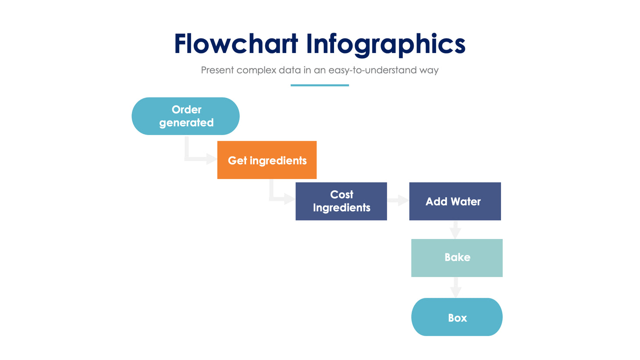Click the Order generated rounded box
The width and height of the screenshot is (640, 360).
tap(185, 116)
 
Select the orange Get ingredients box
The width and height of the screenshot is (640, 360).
tap(267, 160)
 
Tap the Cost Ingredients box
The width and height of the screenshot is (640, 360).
tap(341, 201)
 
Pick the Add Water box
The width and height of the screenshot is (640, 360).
tap(455, 201)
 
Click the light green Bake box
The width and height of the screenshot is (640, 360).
tap(457, 258)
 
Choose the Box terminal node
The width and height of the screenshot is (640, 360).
tap(457, 317)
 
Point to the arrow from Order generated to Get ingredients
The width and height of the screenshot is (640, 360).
tap(197, 157)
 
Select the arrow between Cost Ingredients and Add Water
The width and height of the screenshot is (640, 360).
tap(398, 201)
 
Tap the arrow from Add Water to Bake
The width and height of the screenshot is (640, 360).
tap(455, 229)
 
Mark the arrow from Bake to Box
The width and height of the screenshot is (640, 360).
tap(456, 288)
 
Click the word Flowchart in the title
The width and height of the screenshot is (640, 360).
tap(236, 44)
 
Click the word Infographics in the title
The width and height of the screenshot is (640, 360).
tap(385, 44)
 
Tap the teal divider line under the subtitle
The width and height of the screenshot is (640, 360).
tap(320, 85)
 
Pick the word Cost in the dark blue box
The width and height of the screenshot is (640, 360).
tap(341, 194)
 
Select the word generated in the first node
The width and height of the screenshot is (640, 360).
tap(186, 123)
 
